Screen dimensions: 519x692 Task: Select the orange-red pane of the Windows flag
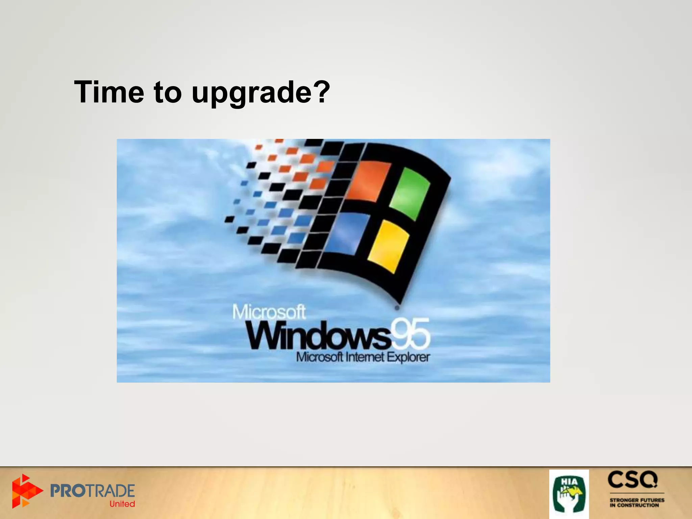(368, 181)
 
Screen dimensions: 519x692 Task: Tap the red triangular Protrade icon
(25, 491)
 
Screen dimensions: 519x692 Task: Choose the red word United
(122, 504)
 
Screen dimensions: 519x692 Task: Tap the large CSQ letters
(633, 480)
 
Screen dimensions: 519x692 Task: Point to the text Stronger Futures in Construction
(637, 502)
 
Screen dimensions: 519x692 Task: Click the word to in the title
(168, 92)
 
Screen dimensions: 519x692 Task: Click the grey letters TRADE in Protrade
(113, 491)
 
